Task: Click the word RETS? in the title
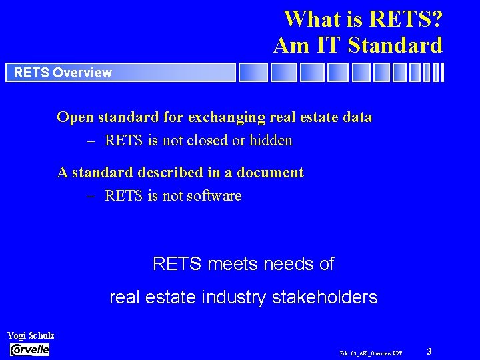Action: pos(401,19)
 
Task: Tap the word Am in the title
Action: pos(289,45)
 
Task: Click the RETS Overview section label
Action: pos(63,73)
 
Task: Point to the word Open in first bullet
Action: pos(75,117)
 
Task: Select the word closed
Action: pos(209,141)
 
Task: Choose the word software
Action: pos(214,196)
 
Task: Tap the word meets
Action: pos(233,264)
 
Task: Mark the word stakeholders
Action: pos(325,297)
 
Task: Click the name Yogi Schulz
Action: pos(31,336)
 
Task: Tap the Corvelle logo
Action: pos(30,350)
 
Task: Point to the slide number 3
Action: pos(429,351)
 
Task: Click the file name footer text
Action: pos(371,352)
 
